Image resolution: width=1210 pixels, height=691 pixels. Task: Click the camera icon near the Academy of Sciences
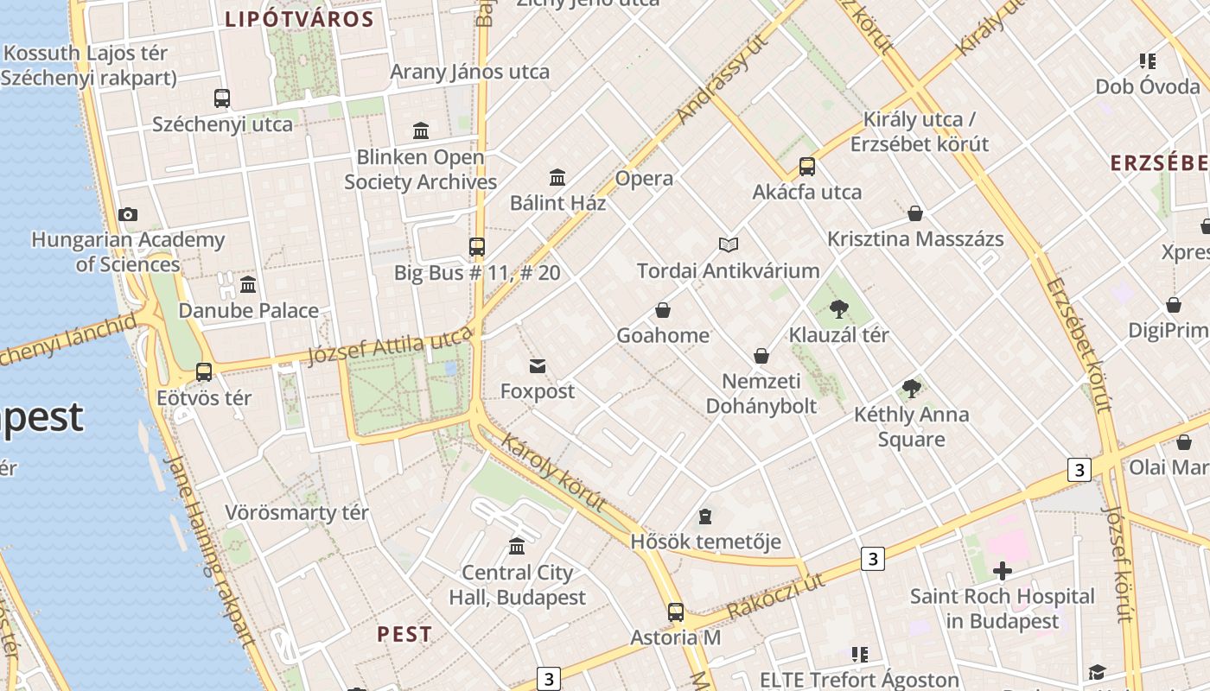[x=128, y=214]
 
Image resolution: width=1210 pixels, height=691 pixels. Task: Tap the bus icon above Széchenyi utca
[x=222, y=98]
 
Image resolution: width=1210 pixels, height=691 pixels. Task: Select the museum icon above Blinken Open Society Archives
[x=421, y=131]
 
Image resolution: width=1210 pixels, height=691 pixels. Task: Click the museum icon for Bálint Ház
[x=557, y=178]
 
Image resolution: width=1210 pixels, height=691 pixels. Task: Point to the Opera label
[x=644, y=179]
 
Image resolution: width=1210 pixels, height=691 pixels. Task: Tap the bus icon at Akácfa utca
[x=806, y=167]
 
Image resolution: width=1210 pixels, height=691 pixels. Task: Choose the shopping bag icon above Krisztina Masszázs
[x=915, y=213]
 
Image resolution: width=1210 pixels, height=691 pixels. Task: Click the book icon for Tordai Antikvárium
[x=729, y=245]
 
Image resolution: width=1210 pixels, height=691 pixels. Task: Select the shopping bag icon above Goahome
[x=663, y=310]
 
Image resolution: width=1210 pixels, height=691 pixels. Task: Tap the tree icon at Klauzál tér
[x=838, y=309]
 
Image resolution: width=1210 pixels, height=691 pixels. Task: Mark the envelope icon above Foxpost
[x=538, y=366]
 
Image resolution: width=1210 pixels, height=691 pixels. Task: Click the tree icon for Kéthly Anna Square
[x=911, y=389]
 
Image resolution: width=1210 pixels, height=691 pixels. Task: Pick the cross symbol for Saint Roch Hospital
[x=1003, y=571]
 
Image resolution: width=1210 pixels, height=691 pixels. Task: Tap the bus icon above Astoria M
[x=676, y=612]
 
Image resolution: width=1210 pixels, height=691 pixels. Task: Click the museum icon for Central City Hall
[x=517, y=547]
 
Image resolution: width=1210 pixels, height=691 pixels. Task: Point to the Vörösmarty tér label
[x=296, y=512]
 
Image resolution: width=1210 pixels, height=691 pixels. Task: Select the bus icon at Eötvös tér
[x=204, y=372]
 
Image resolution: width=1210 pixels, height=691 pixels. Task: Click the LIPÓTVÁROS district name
[x=299, y=20]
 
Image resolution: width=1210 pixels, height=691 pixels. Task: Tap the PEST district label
[x=404, y=634]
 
